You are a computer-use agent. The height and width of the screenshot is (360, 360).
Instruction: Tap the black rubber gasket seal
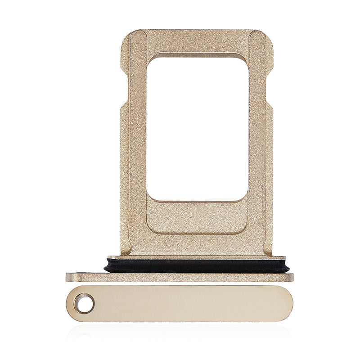coord(197,265)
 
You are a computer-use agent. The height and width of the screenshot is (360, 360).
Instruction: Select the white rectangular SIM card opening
coord(198,128)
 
